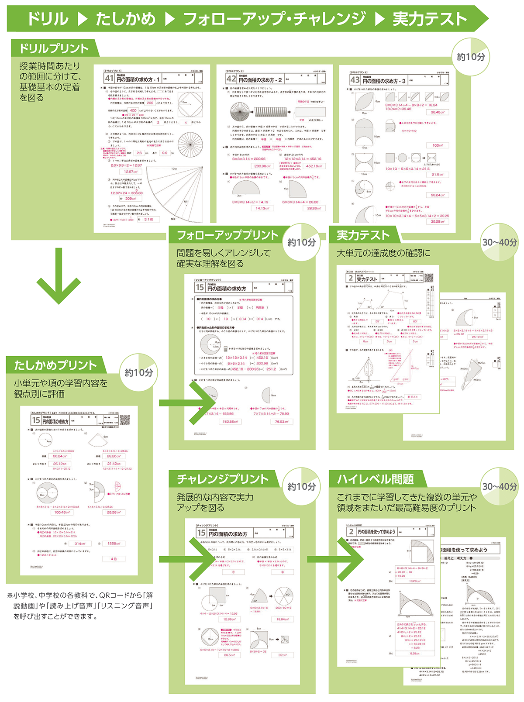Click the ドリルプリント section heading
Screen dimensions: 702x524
(54, 48)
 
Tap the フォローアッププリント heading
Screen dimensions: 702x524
(227, 235)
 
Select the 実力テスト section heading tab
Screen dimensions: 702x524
(362, 235)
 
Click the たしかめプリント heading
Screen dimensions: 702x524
(55, 365)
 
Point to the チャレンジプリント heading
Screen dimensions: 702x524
(223, 479)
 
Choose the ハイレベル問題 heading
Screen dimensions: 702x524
(375, 479)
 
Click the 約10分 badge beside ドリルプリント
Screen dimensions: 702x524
(470, 57)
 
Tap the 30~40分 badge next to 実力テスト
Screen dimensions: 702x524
(499, 242)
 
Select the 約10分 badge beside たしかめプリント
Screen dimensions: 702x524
(138, 372)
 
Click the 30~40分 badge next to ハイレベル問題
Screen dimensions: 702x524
(499, 486)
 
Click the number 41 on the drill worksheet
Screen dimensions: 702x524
(109, 79)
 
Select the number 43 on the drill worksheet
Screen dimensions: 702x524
(355, 80)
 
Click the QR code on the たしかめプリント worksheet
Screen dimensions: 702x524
(125, 420)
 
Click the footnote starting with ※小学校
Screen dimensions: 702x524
(81, 606)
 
